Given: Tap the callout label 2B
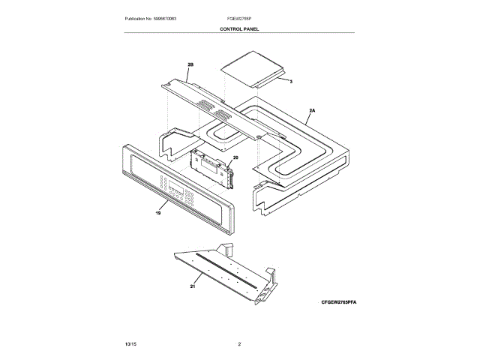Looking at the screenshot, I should (190, 65).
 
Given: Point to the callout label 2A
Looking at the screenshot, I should (312, 111).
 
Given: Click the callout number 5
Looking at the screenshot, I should (291, 80).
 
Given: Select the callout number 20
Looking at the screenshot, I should (235, 158).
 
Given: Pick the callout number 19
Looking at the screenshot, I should (158, 213).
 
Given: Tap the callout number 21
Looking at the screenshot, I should (192, 286).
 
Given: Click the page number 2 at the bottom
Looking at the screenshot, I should (239, 343).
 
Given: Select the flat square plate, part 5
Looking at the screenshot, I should (252, 67).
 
